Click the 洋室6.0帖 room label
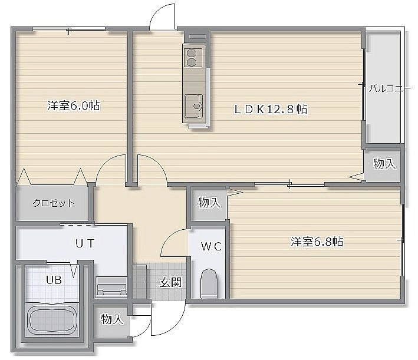point(74,105)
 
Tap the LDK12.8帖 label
point(271,109)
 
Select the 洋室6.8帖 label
point(317,242)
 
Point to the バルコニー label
point(389,88)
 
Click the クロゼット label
point(54,203)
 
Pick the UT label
point(85,243)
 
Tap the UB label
point(54,280)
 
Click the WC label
point(212,246)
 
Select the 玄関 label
point(170,282)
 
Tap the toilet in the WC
point(209,283)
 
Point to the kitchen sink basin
point(194,106)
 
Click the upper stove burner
point(191,53)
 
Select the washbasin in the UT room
point(111,287)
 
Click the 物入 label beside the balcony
point(384,163)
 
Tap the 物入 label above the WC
point(209,203)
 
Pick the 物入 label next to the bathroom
point(112,319)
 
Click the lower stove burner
point(191,62)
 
